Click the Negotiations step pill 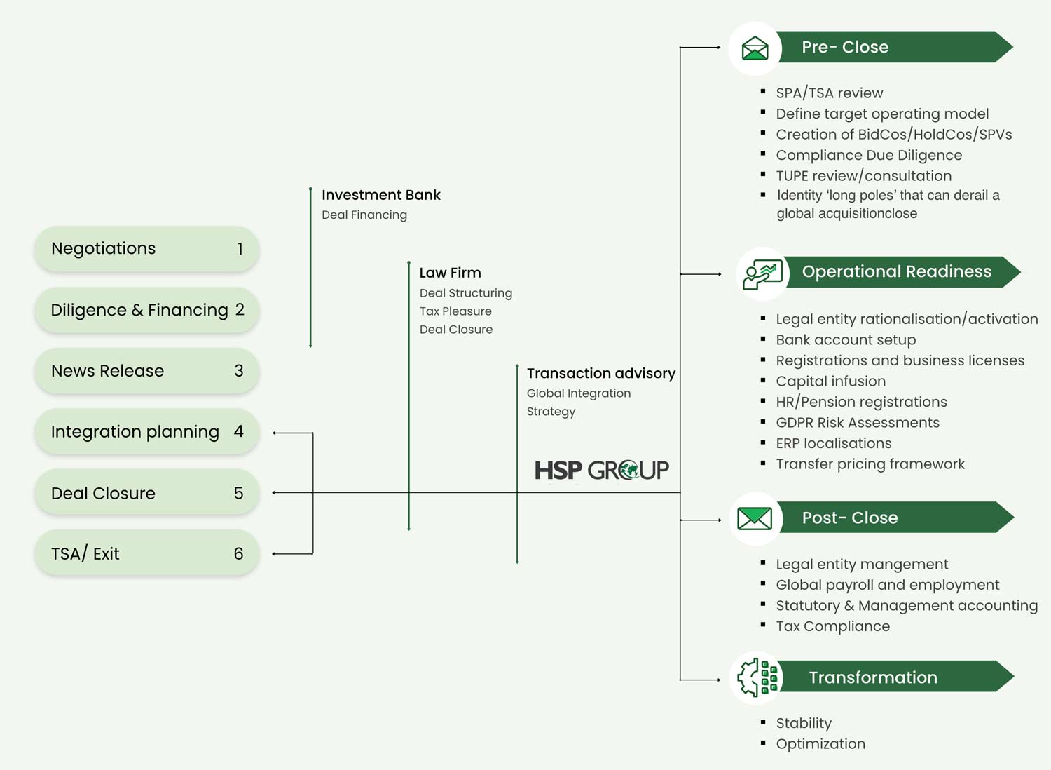(147, 249)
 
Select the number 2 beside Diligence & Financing (240, 309)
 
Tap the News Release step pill (147, 371)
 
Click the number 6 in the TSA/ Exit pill (238, 553)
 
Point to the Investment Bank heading (381, 195)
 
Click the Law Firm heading (451, 273)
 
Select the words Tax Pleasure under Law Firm (455, 311)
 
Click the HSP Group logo (602, 470)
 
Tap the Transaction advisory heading (601, 373)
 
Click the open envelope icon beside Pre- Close (755, 48)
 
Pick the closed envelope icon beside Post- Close (755, 518)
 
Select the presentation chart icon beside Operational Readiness (762, 274)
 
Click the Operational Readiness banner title (897, 271)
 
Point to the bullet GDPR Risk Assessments (858, 423)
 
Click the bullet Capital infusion (831, 381)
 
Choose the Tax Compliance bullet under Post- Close (833, 626)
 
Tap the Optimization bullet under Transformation (820, 744)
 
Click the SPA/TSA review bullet (830, 93)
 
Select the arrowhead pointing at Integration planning (275, 433)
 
